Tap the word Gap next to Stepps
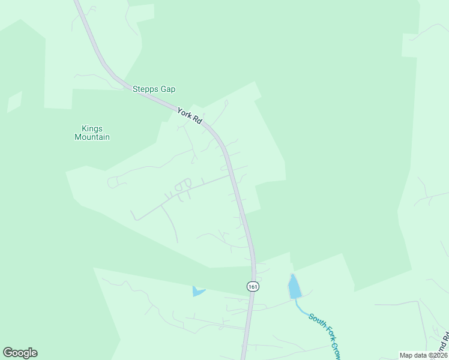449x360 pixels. pos(168,89)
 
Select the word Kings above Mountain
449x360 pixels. pos(92,128)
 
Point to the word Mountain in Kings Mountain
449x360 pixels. pos(92,137)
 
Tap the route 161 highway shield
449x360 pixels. pos(253,287)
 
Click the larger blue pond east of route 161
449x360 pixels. pos(294,287)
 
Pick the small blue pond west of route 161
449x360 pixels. pos(197,292)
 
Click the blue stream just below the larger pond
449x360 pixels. pos(300,307)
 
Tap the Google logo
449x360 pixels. pos(20,353)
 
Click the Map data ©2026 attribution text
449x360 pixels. pos(423,355)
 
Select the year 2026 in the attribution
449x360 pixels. pos(438,355)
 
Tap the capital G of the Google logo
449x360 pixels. pos(8,353)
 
